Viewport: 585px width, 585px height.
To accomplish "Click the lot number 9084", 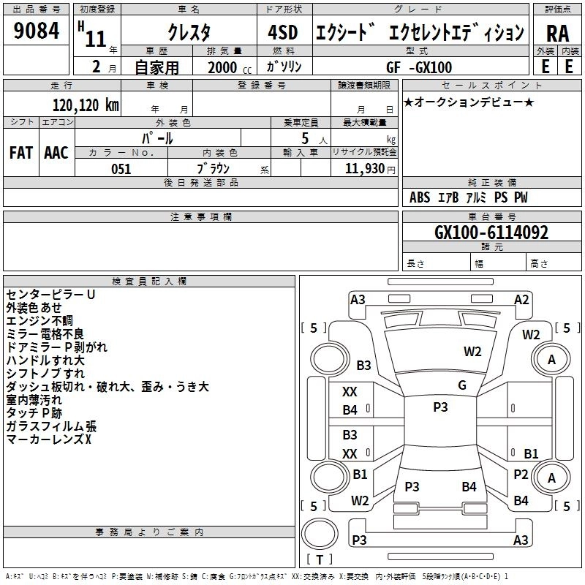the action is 37,32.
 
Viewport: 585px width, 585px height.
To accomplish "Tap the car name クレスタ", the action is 189,32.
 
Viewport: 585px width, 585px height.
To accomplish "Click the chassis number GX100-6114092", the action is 491,233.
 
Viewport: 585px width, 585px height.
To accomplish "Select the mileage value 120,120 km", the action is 86,105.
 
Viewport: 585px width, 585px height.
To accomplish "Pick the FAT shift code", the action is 21,153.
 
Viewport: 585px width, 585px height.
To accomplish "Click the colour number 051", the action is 121,169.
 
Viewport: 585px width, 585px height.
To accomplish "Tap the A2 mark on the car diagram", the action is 521,299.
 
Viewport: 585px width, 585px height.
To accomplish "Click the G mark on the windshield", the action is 462,385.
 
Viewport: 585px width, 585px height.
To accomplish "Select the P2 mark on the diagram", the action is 521,474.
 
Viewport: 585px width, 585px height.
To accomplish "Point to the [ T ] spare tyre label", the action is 319,559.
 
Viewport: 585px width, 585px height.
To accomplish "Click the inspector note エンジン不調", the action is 39,321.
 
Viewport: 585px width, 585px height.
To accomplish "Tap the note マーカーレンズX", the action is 48,439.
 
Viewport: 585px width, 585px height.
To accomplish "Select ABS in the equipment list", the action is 420,197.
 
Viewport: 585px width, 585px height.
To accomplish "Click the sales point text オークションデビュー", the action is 469,102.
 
